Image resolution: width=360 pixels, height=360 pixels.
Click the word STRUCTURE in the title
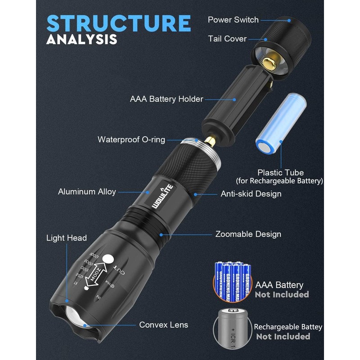coord(119,23)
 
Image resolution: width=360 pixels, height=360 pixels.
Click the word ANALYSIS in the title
coord(81,40)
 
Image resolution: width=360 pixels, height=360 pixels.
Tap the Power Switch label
coord(233,20)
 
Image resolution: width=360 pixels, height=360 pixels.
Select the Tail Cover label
coord(227,39)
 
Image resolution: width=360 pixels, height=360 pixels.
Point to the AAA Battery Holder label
coord(166,99)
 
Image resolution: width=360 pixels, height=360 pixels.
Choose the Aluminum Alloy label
coord(87,192)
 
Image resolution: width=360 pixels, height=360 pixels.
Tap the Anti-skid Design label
coord(251,194)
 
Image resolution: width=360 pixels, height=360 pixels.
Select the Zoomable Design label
coord(248,234)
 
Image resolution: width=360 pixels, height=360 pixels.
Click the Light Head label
coord(67,238)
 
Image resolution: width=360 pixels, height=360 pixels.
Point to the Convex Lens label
coord(164,325)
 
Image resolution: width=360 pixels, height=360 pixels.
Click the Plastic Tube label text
coord(280,173)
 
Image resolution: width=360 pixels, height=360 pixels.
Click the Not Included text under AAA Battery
coord(282,295)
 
